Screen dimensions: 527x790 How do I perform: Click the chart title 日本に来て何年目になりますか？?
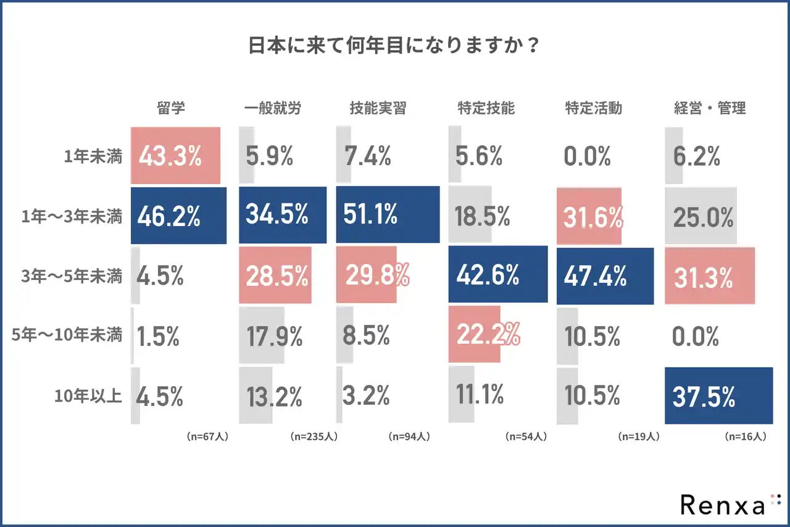coord(394,46)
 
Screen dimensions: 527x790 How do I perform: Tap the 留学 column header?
coord(171,108)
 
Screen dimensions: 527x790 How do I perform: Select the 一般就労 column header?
coord(272,108)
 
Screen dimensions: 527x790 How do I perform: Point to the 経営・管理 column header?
coord(709,108)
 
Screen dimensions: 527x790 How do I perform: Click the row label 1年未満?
coord(93,157)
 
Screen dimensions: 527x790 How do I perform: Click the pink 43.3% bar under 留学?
coord(176,156)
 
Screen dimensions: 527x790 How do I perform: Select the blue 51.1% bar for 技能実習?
coord(388,215)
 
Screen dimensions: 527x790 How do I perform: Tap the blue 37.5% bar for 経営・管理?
coord(718,396)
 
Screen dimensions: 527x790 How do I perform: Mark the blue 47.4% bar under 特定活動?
coord(605,276)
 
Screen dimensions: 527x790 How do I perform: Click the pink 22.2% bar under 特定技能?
coord(475,334)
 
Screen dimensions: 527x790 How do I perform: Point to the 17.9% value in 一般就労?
coord(274,336)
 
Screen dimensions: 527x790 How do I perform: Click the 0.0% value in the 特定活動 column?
coord(587,157)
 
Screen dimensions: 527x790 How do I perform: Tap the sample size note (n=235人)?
coord(313,436)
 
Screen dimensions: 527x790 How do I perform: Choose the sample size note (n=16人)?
coord(745,436)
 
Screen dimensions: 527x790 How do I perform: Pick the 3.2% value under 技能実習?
coord(367,396)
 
